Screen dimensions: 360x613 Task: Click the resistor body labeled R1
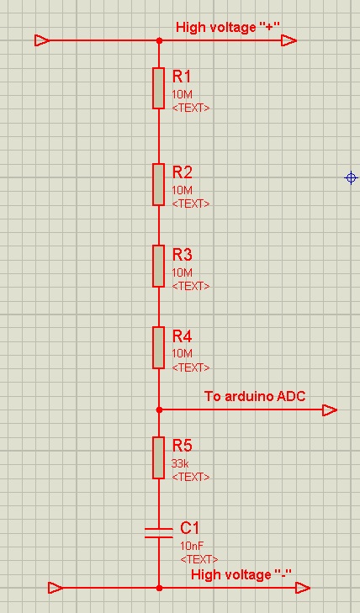158,88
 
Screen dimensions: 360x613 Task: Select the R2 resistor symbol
158,184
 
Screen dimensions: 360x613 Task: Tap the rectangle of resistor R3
158,267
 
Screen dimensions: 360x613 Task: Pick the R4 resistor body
158,348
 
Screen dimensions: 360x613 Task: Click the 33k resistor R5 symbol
158,457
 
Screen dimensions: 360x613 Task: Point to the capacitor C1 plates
159,533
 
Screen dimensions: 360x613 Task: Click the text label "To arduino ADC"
255,396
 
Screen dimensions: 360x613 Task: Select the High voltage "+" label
228,28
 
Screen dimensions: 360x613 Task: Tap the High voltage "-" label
241,574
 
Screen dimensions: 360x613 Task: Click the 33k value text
180,463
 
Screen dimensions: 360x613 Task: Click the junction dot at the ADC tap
159,410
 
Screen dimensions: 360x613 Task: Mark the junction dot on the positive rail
159,40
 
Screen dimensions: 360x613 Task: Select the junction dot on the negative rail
159,588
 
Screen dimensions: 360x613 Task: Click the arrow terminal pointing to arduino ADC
330,410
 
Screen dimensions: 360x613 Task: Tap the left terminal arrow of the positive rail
42,40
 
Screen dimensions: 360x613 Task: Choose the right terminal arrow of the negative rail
303,588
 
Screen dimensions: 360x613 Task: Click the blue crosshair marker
351,178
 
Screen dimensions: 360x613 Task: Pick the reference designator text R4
183,336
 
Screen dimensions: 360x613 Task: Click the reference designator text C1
190,529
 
